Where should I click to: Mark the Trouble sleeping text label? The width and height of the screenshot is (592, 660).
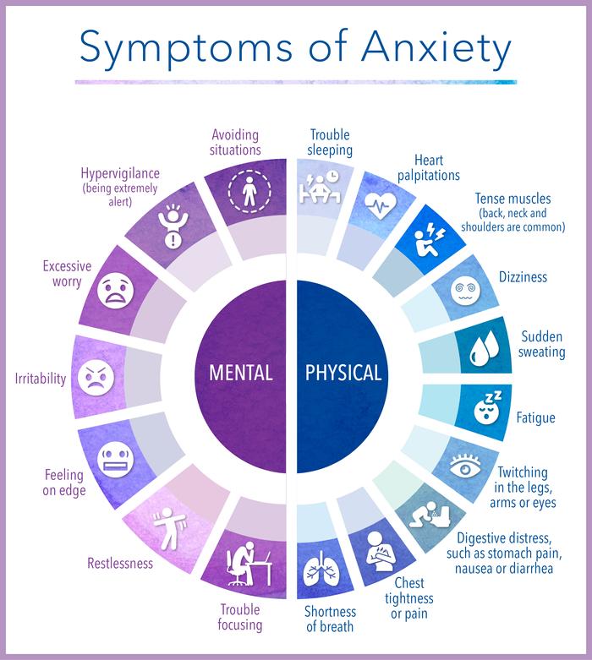tap(329, 142)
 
